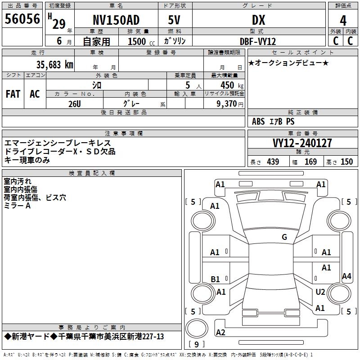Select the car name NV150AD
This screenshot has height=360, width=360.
[x=116, y=20]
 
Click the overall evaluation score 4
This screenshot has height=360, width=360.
[x=343, y=20]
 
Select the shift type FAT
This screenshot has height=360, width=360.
[x=13, y=94]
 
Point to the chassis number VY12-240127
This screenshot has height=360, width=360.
[x=302, y=143]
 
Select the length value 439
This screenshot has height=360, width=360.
[x=273, y=162]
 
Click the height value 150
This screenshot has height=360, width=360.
[x=346, y=162]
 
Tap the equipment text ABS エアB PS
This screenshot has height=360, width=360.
[x=273, y=121]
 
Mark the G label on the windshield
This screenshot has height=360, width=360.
[x=284, y=237]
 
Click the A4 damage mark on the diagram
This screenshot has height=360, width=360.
[x=346, y=276]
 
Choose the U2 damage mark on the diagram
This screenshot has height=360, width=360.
[x=320, y=292]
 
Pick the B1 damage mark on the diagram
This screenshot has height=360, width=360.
[x=215, y=279]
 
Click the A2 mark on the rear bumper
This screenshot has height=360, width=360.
[x=220, y=333]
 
